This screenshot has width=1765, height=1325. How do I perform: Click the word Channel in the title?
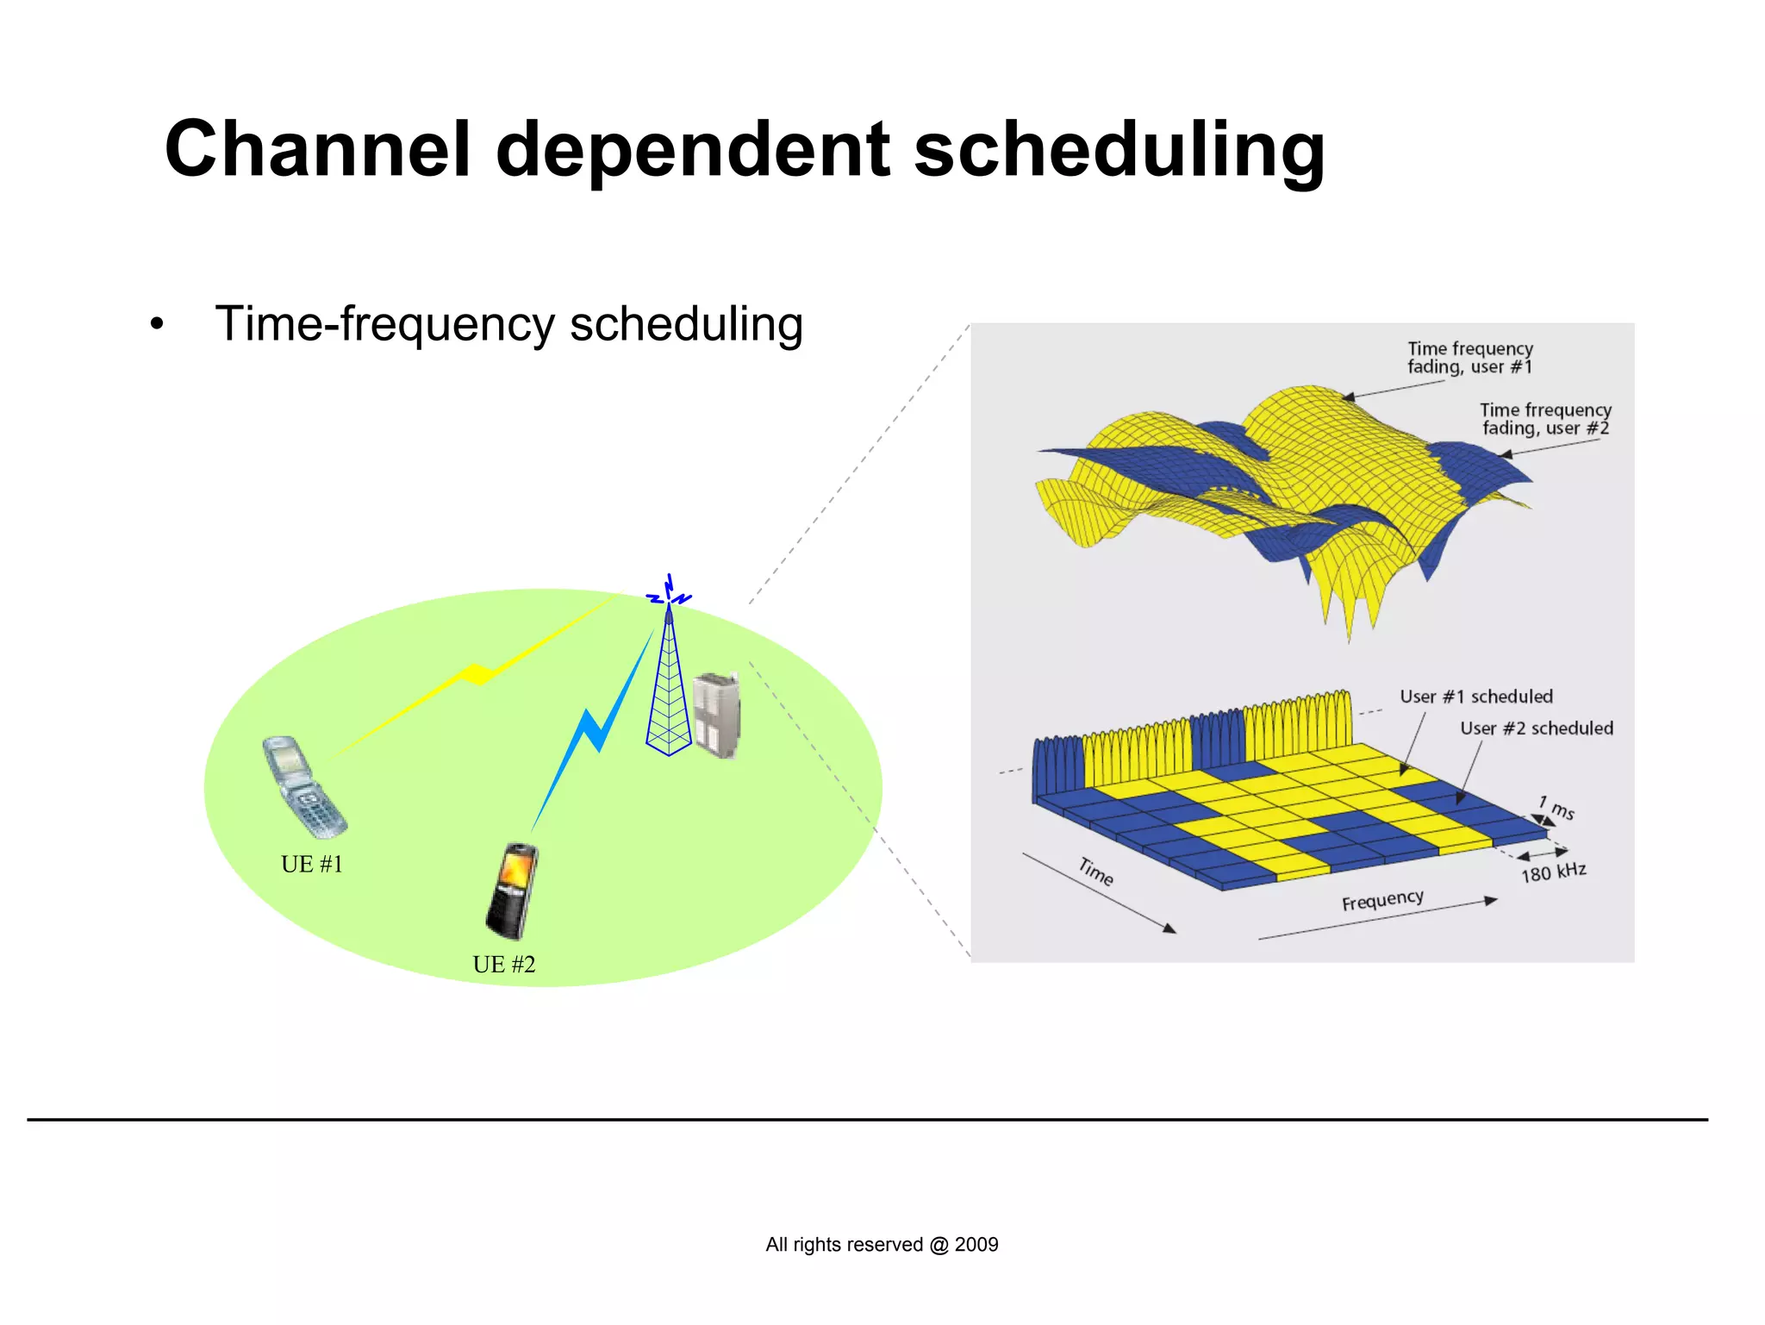coord(317,149)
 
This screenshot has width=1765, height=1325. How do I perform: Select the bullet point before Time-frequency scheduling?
coord(156,326)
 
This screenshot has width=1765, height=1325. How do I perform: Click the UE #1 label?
coord(312,864)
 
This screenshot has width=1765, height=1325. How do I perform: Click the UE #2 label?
coord(504,964)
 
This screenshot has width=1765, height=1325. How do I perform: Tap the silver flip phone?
coord(303,786)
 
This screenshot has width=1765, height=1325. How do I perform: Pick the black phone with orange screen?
coord(512,891)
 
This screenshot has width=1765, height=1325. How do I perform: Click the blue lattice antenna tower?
coord(669,690)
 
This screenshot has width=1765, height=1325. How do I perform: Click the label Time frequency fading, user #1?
coord(1470,358)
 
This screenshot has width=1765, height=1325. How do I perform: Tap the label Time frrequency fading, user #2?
coord(1545,419)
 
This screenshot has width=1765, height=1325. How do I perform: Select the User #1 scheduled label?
coord(1476,697)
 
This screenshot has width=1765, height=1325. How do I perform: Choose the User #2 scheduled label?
coord(1537,728)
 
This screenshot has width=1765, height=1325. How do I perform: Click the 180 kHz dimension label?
coord(1553,872)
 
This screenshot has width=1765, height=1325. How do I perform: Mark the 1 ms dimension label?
coord(1557,807)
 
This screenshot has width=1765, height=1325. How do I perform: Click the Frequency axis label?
coord(1382,900)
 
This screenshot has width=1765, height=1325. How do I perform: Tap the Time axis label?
coord(1095,871)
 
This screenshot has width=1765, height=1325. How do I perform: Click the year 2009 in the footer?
coord(976,1244)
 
